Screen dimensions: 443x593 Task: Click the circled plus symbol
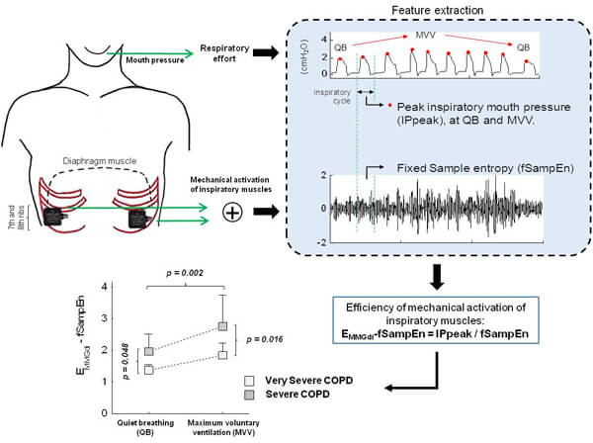pos(232,210)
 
